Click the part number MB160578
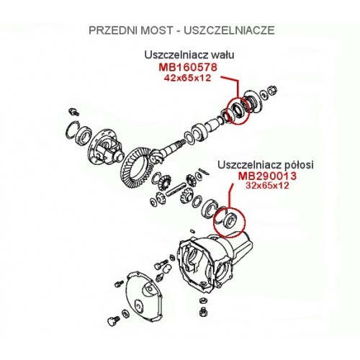click(x=188, y=67)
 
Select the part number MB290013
click(x=267, y=176)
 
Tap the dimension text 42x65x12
click(x=187, y=78)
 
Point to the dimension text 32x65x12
click(x=267, y=186)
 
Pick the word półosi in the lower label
click(x=298, y=165)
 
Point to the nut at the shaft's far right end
click(x=273, y=89)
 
